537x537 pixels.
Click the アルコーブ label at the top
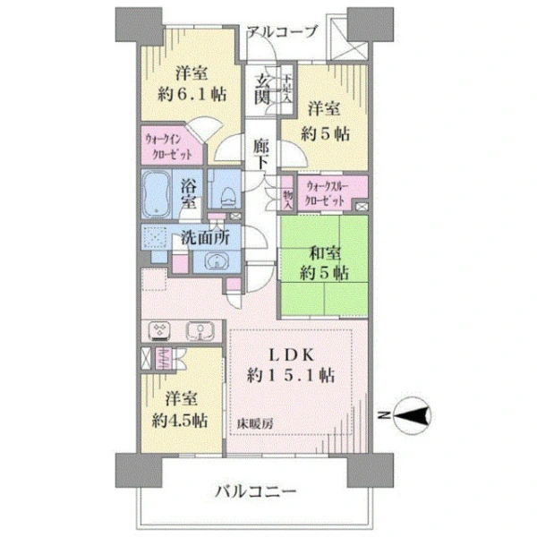(x=283, y=31)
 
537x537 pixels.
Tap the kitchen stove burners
(x=160, y=330)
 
